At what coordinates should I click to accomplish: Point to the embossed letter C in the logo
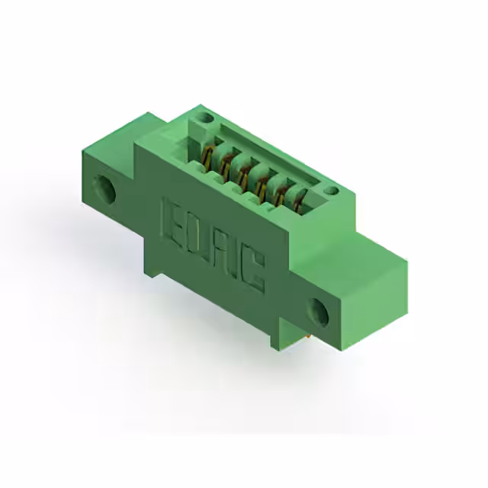pos(253,272)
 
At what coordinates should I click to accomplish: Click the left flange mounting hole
pos(105,189)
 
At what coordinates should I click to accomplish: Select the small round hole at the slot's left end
pos(204,118)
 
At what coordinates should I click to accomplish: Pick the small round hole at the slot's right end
pos(329,190)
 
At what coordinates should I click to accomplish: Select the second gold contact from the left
pos(225,165)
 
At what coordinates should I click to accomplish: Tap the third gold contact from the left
pos(243,177)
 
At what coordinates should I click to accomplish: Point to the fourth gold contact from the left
pos(262,188)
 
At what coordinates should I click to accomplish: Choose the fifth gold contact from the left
pos(279,197)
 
